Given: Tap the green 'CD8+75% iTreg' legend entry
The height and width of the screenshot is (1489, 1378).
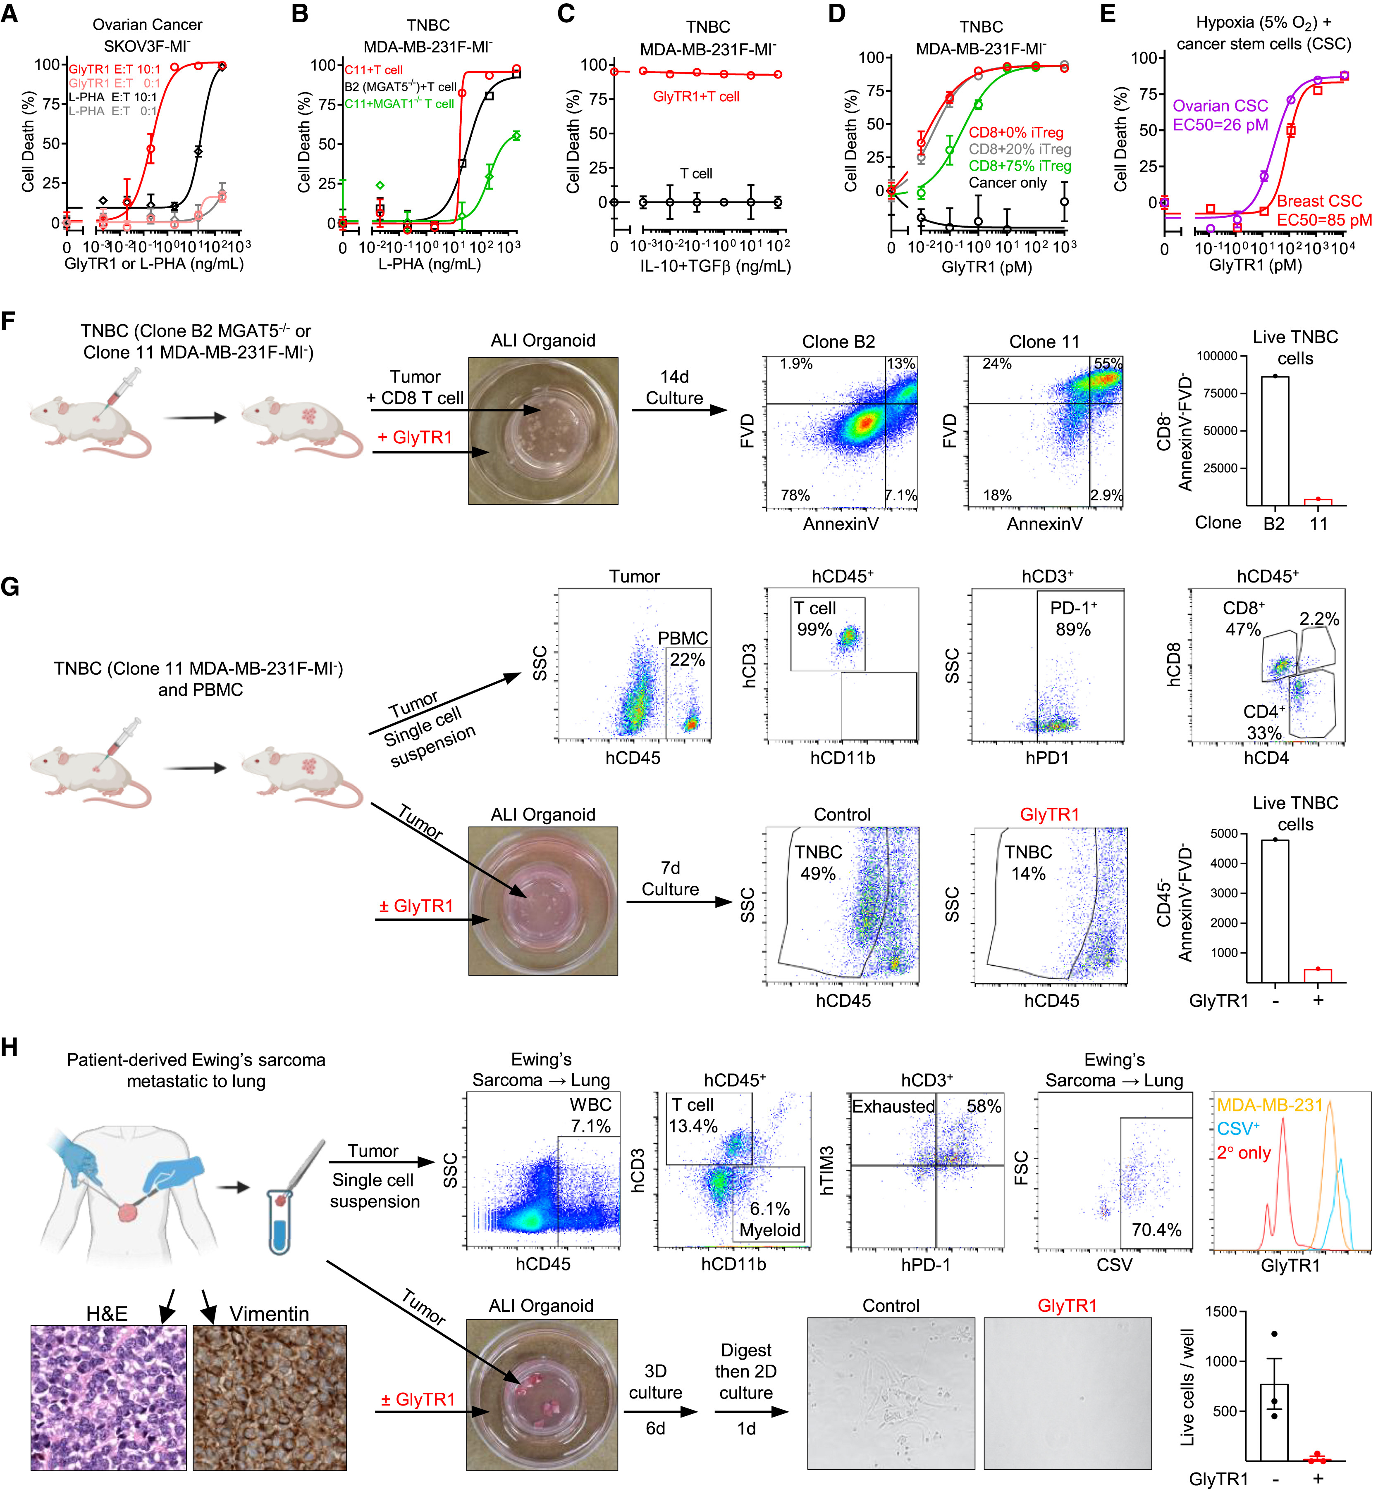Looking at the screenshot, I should coord(1019,165).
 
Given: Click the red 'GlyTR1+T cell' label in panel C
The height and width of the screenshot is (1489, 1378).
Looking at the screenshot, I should coord(696,96).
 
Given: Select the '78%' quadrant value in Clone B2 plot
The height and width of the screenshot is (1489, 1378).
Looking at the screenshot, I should coord(795,495).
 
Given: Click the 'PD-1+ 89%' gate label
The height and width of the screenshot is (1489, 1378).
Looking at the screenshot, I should coord(1073,618).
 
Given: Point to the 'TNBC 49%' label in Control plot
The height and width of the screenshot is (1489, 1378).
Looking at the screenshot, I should coord(818,862).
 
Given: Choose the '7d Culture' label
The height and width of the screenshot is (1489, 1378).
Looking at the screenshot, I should coord(670,879).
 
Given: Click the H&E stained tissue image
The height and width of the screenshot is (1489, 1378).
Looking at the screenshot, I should coord(108,1397).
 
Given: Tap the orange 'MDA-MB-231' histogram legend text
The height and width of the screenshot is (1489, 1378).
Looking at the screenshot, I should coord(1270,1105).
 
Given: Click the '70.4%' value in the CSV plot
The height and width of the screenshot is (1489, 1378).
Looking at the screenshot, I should coord(1156,1230).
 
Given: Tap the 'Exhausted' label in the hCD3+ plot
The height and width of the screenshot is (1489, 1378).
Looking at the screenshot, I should coord(893,1106).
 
